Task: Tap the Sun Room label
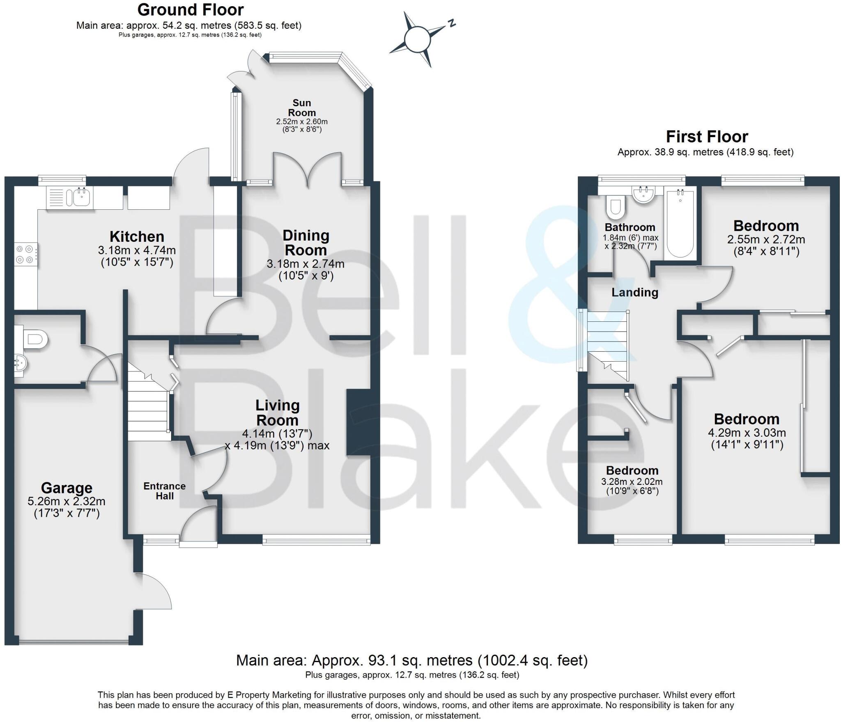point(302,108)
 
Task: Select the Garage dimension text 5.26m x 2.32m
point(67,501)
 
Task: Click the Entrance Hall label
point(164,491)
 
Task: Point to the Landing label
point(635,292)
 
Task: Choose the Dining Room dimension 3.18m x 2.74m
point(306,264)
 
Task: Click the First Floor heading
point(707,136)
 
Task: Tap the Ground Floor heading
point(190,9)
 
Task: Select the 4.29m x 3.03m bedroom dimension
point(747,433)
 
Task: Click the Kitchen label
point(137,236)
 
